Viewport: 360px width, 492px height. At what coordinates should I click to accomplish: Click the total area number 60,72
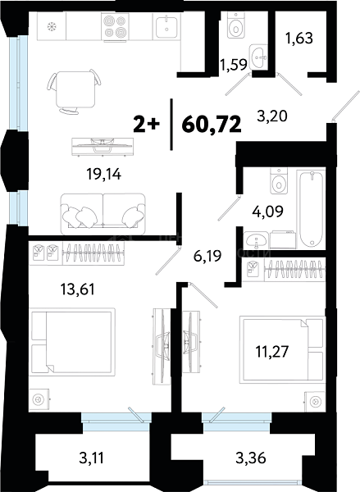pyautogui.click(x=212, y=125)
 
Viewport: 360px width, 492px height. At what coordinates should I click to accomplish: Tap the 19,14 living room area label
pyautogui.click(x=104, y=174)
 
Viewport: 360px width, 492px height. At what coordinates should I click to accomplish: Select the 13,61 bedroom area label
pyautogui.click(x=78, y=289)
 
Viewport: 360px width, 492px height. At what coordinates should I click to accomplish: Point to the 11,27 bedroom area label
pyautogui.click(x=272, y=352)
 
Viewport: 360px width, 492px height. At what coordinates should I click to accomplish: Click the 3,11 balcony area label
pyautogui.click(x=91, y=458)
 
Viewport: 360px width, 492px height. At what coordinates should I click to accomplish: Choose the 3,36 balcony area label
pyautogui.click(x=251, y=458)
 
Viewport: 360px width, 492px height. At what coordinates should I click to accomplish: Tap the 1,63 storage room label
pyautogui.click(x=299, y=39)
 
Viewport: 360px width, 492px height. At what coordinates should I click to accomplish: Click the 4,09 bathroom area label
pyautogui.click(x=267, y=212)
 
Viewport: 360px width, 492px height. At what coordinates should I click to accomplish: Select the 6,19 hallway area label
pyautogui.click(x=207, y=256)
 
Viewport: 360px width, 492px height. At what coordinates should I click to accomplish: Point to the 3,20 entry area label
pyautogui.click(x=272, y=116)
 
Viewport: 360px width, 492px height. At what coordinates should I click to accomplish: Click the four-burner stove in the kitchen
pyautogui.click(x=115, y=27)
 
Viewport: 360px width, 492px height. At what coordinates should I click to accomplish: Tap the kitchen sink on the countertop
pyautogui.click(x=166, y=27)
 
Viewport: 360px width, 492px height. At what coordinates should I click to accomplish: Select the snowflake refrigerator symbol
pyautogui.click(x=51, y=27)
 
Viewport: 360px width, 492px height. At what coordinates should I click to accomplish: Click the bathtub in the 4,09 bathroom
pyautogui.click(x=311, y=208)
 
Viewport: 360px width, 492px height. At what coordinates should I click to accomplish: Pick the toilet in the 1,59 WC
pyautogui.click(x=235, y=25)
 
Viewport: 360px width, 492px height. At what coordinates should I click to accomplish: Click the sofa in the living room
pyautogui.click(x=103, y=214)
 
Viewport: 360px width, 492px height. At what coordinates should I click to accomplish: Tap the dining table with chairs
pyautogui.click(x=75, y=91)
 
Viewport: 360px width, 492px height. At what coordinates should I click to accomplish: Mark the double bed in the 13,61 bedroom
pyautogui.click(x=72, y=342)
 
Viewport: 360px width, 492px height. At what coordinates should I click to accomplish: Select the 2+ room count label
pyautogui.click(x=146, y=125)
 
